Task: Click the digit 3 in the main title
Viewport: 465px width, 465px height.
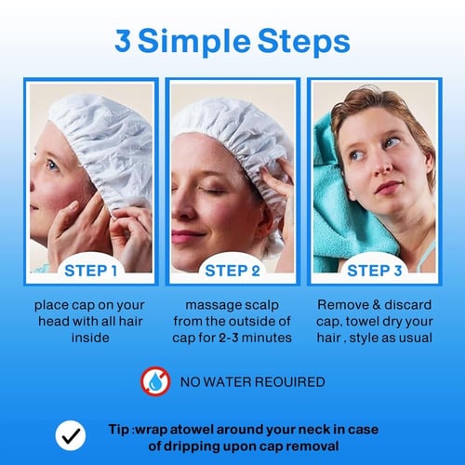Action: tap(123, 40)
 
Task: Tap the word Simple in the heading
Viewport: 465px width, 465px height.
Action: tap(193, 43)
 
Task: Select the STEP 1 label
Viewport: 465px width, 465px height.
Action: tap(90, 271)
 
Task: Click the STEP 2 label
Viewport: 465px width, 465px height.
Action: tap(232, 271)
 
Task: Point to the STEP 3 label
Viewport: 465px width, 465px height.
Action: tap(375, 271)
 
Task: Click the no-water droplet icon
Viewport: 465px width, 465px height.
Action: tap(155, 381)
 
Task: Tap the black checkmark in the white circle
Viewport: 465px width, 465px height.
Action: tap(71, 435)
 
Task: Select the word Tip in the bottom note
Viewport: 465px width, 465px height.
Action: tap(119, 431)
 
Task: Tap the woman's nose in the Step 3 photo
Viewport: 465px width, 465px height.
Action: tap(382, 166)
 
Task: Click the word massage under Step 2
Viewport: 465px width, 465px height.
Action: tap(208, 306)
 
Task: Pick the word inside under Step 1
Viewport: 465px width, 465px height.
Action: tap(90, 338)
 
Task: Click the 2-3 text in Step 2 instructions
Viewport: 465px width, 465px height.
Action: tap(229, 338)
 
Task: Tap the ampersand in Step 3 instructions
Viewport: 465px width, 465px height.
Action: tap(376, 305)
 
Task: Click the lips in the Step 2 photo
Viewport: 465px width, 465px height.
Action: tap(186, 236)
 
